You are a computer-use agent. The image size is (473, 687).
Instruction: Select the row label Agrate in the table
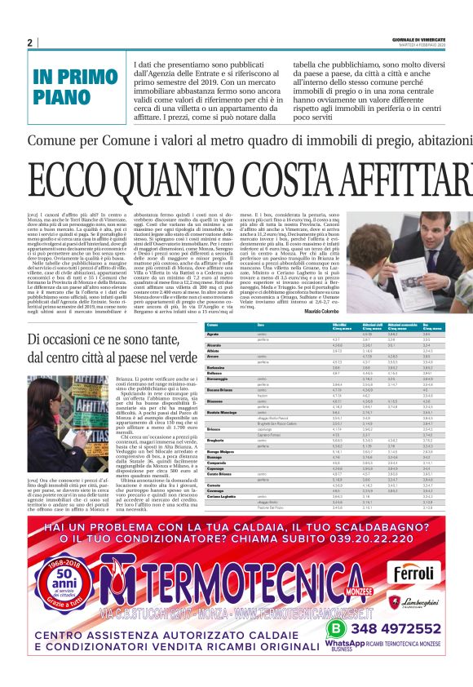214,335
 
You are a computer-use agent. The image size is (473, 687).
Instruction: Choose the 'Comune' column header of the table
212,325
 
